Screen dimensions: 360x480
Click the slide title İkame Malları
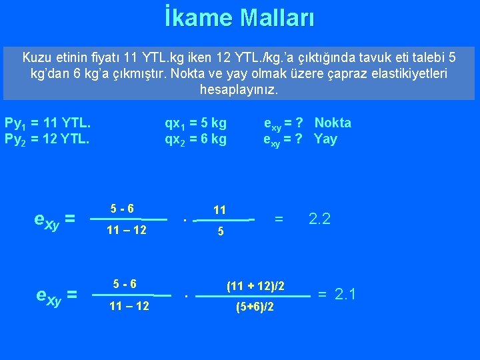(x=240, y=17)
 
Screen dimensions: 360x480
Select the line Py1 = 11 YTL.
(x=47, y=123)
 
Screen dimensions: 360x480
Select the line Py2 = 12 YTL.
(x=47, y=139)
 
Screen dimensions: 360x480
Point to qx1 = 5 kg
(x=195, y=123)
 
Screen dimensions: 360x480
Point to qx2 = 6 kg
(x=195, y=139)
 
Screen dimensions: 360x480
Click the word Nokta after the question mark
(x=333, y=123)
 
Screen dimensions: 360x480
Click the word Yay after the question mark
(x=325, y=139)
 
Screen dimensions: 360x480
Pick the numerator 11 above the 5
(x=219, y=210)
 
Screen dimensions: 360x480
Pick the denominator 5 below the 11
(x=219, y=233)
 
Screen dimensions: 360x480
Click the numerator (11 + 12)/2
(x=256, y=285)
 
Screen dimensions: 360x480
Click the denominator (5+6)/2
(x=256, y=308)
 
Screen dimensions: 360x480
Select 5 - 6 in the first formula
(x=122, y=209)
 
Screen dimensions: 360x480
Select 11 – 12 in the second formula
(x=128, y=306)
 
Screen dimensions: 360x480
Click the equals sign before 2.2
(x=279, y=218)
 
